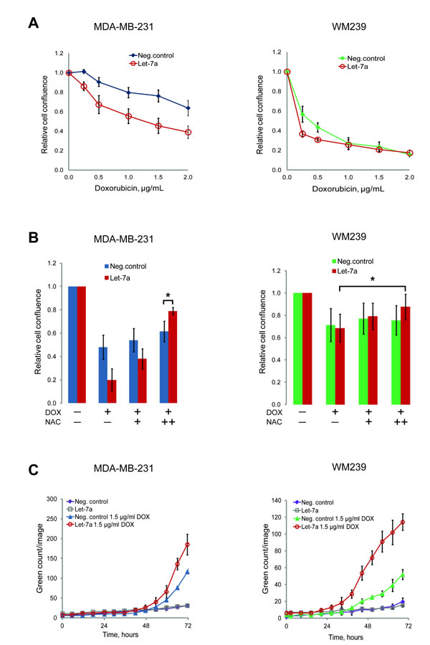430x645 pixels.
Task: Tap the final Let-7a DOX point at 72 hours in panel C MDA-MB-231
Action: (x=208, y=545)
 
